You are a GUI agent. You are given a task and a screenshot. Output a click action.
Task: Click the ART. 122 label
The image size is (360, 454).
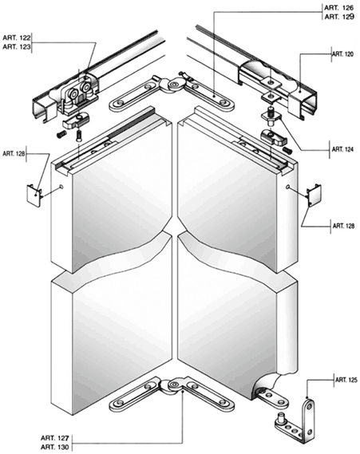[17, 38]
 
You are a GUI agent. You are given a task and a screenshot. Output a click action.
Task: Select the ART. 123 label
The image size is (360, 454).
[17, 47]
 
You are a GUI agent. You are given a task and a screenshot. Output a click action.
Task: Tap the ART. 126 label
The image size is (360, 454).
[339, 8]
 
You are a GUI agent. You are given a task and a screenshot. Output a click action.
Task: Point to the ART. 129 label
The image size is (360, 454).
[339, 17]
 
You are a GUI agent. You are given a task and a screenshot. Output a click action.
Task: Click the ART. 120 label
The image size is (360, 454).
[342, 54]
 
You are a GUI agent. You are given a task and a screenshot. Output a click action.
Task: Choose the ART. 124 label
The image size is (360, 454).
[342, 149]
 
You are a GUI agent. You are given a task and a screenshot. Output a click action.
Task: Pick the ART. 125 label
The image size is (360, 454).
[346, 380]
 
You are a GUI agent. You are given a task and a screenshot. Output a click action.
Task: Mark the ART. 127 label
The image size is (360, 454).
[55, 437]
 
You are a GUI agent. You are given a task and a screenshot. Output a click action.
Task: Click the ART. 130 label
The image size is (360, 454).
[55, 448]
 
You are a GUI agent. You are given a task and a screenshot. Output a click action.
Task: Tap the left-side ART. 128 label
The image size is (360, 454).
[14, 153]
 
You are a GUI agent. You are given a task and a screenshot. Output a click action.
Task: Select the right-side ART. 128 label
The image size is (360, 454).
[343, 226]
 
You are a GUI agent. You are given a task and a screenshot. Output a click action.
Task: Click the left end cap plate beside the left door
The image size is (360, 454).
[34, 195]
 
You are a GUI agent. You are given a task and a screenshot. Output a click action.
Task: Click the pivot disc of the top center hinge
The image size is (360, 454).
[174, 85]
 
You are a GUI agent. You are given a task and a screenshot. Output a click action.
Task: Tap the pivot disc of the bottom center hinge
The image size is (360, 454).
[174, 385]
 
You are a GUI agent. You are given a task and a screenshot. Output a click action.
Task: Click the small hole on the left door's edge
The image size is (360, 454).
[61, 187]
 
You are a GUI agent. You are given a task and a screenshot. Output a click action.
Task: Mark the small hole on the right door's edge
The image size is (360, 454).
[287, 188]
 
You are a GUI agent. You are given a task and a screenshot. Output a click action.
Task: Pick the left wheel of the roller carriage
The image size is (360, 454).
[73, 93]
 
